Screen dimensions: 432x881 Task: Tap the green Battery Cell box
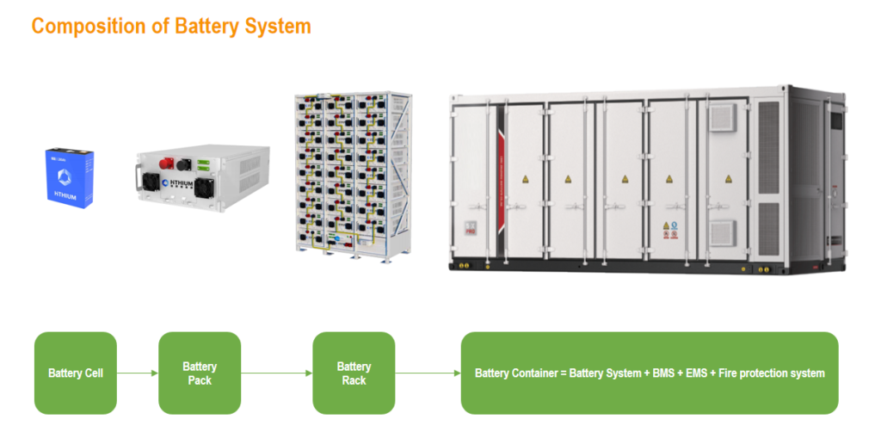[76, 373]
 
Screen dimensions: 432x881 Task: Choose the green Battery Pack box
[200, 373]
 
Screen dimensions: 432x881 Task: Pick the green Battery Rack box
[354, 373]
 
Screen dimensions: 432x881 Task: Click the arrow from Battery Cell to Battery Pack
[138, 373]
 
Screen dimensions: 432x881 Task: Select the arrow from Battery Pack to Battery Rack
[276, 373]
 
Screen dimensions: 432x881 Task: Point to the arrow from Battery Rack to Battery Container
[428, 373]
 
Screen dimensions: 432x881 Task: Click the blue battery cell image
[71, 176]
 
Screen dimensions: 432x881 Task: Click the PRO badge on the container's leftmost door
[471, 231]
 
